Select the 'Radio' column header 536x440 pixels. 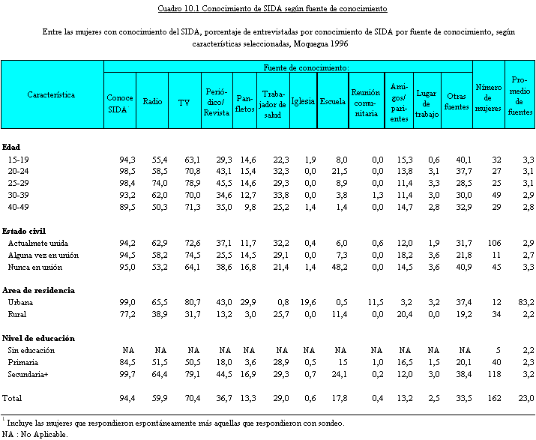click(x=153, y=102)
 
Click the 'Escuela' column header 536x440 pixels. click(x=332, y=102)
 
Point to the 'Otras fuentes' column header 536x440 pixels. click(x=457, y=102)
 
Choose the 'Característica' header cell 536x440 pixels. click(x=51, y=95)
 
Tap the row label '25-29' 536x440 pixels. click(x=19, y=184)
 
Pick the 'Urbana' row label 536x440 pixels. click(x=21, y=302)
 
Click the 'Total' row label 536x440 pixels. click(x=13, y=397)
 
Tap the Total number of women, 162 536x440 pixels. click(x=493, y=397)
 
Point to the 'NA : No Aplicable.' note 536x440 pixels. click(x=34, y=433)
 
